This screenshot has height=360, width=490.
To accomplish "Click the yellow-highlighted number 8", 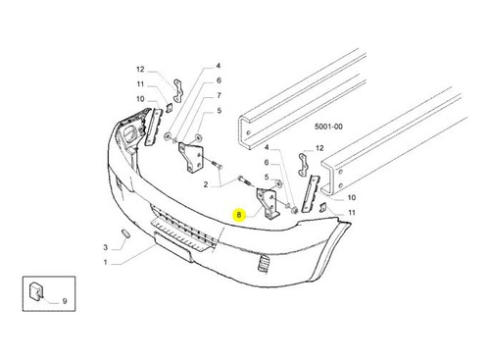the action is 239,215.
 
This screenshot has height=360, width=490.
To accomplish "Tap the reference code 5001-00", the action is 328,127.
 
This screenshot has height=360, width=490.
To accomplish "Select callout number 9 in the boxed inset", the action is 65,301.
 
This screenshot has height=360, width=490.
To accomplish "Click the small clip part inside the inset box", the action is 36,290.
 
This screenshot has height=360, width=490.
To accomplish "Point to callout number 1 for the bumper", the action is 106,262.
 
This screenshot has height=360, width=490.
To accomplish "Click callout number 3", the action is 106,247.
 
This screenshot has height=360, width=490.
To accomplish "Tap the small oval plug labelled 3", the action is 125,233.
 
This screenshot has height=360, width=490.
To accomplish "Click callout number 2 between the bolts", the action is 206,184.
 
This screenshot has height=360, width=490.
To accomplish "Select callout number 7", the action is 219,95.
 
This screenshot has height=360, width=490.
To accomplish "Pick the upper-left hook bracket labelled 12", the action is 177,90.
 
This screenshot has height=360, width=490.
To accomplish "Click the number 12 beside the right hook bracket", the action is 319,148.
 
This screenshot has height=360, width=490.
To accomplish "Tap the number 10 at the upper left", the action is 140,99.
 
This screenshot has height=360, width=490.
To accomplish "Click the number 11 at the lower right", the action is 352,213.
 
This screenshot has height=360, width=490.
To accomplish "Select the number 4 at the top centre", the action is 219,66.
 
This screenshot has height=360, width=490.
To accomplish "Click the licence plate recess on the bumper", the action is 172,246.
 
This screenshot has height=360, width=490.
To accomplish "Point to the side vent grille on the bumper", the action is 263,263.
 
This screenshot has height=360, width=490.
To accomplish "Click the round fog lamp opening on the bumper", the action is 130,133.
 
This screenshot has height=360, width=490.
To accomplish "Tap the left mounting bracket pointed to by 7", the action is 191,158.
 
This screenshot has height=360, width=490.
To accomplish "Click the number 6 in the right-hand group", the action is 267,163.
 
